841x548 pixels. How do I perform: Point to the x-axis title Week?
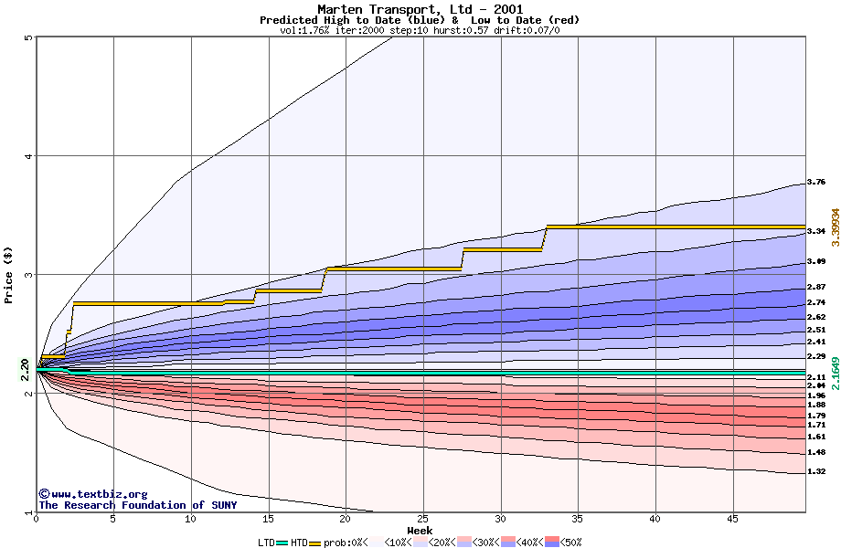click(x=420, y=531)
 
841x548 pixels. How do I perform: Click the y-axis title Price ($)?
click(x=8, y=275)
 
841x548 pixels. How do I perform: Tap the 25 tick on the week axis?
click(x=422, y=520)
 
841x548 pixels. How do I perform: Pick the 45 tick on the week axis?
click(x=731, y=520)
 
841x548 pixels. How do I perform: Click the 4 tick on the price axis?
click(x=28, y=156)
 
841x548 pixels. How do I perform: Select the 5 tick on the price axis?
click(x=28, y=37)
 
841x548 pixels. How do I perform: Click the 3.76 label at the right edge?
click(x=816, y=183)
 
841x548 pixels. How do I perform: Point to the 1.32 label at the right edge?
click(x=816, y=471)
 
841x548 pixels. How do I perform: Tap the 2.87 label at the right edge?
click(x=816, y=287)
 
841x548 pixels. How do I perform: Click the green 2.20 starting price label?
click(x=25, y=369)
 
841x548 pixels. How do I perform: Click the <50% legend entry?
click(x=570, y=543)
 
